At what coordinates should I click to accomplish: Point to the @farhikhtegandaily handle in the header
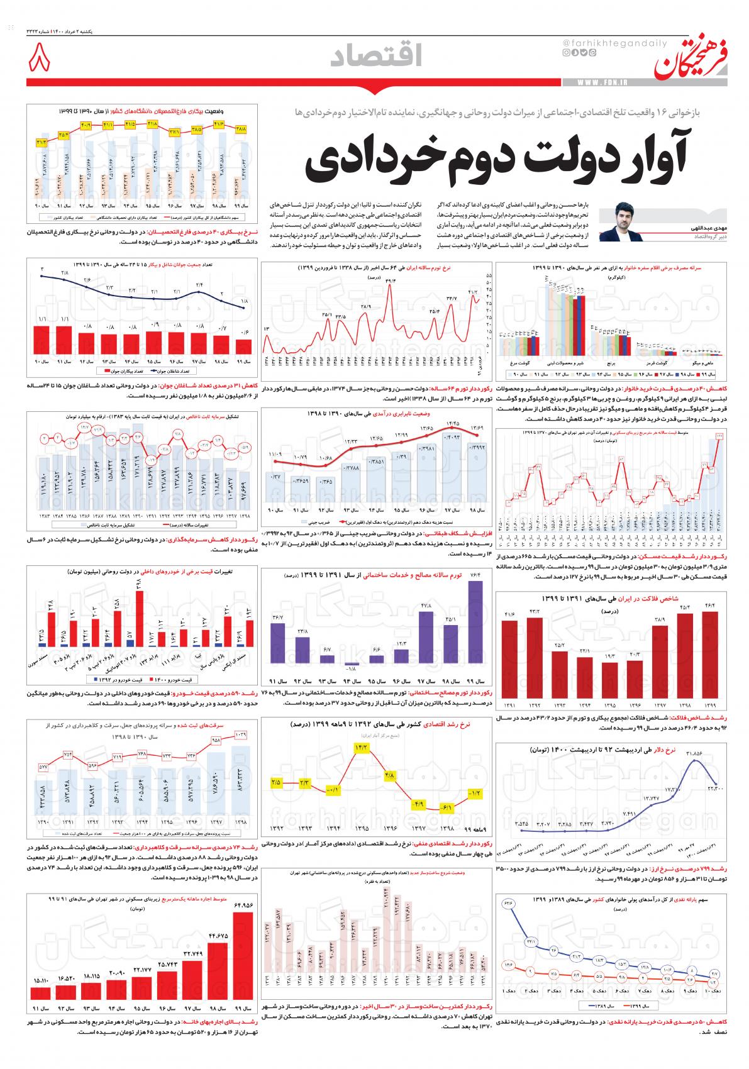pos(597,42)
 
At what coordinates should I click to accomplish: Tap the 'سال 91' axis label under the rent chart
pos(40,1025)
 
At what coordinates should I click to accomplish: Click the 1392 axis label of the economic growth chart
pos(276,828)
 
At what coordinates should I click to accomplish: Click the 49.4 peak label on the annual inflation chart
pos(391,281)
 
